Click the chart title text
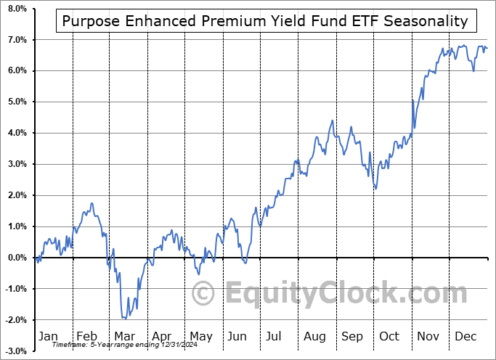265,21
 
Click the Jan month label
47,336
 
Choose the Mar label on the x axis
124,336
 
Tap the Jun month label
237,336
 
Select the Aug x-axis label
314,336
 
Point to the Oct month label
390,336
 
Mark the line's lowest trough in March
125,318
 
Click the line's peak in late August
333,120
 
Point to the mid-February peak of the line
92,203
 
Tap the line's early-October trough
375,189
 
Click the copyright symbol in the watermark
203,294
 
